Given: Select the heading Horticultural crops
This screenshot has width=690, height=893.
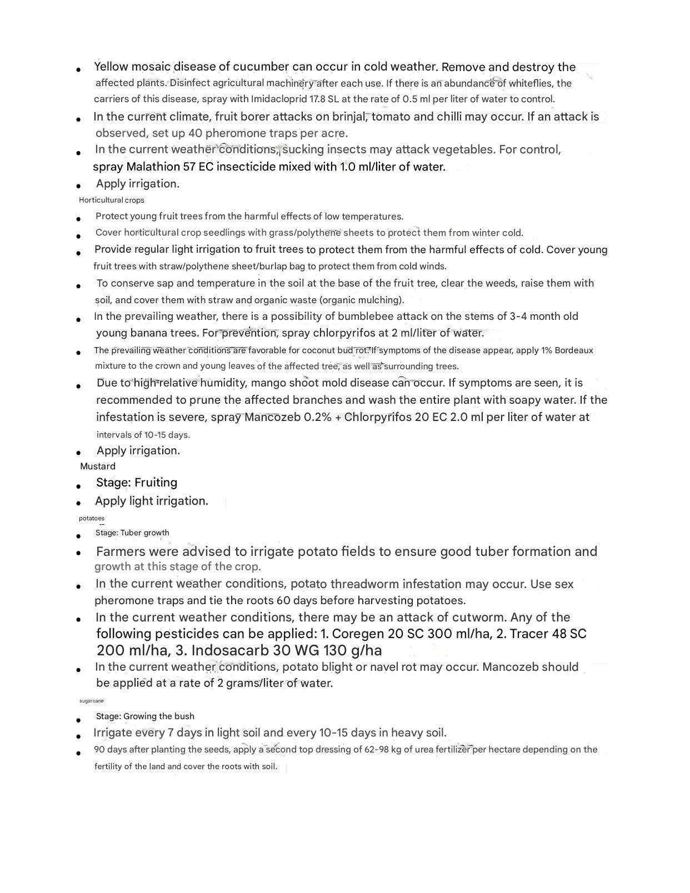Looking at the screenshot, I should [x=112, y=200].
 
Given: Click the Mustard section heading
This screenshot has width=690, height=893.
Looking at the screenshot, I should [x=98, y=466].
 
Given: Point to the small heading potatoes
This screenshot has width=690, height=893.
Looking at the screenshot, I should [x=92, y=518].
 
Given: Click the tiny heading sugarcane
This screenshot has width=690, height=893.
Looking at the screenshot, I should [x=92, y=701].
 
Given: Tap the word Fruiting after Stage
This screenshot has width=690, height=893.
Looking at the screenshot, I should [x=156, y=483].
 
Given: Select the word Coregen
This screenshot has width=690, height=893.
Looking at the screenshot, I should [x=358, y=634].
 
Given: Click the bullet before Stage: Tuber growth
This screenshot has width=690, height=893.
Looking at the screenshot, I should [x=79, y=536].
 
